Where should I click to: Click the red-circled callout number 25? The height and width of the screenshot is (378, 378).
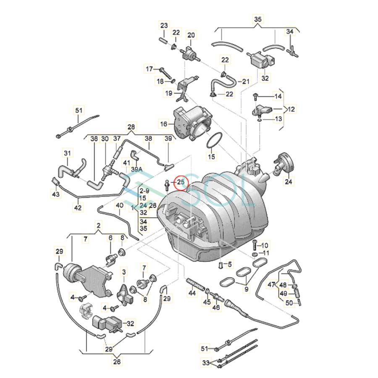click(181, 182)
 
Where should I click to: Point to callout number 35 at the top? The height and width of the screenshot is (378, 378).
click(257, 19)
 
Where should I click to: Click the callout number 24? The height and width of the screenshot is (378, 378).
click(289, 181)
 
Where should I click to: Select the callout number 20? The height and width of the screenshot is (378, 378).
click(191, 35)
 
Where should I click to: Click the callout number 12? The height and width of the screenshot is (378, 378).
click(291, 109)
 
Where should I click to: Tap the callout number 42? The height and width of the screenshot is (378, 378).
click(78, 207)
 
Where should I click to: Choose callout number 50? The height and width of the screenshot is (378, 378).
click(289, 302)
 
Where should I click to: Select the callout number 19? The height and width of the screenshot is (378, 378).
click(169, 93)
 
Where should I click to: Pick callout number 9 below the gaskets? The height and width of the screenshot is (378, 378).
click(246, 289)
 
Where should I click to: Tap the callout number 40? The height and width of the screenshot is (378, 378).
click(120, 205)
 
